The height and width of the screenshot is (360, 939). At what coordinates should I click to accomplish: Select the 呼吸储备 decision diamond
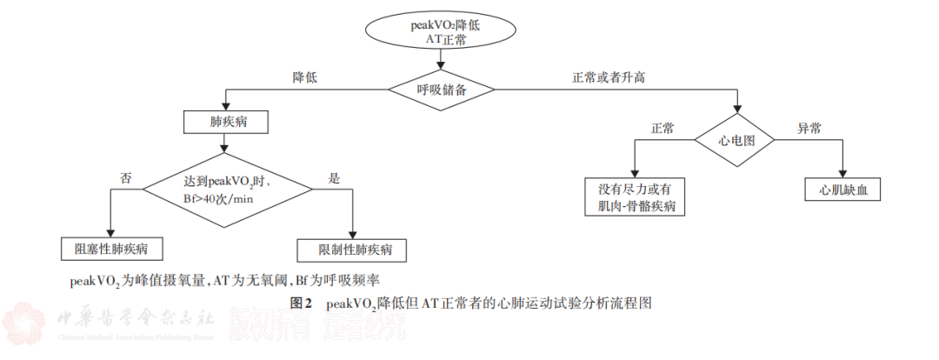(x=442, y=89)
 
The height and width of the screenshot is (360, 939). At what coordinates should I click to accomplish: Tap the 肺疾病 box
(x=224, y=122)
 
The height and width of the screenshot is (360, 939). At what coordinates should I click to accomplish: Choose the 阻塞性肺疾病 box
(x=112, y=249)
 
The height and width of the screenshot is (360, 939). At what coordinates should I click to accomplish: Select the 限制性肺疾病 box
(x=350, y=250)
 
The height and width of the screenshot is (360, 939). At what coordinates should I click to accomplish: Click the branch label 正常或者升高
(x=608, y=77)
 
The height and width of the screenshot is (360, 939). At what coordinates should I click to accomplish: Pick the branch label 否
(x=125, y=177)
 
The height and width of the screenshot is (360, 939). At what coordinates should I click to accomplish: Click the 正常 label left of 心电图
(x=663, y=128)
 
